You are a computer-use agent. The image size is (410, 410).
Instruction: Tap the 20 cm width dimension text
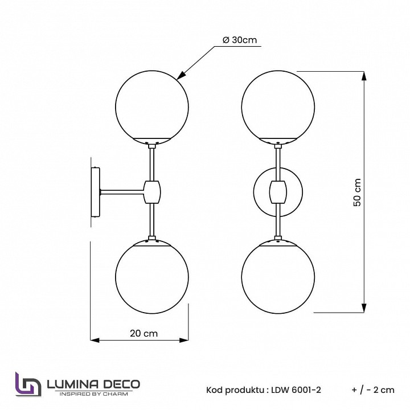[x=143, y=334]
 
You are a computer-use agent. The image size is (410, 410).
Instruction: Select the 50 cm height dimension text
[x=357, y=192]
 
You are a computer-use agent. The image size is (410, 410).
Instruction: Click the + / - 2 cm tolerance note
[x=373, y=390]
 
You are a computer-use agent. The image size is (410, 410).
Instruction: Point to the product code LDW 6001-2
[x=296, y=390]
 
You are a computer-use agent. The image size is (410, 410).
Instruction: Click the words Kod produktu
[x=234, y=390]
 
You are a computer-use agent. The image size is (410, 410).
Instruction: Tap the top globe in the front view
[x=277, y=105]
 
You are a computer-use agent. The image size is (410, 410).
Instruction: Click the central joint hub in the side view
[x=151, y=192]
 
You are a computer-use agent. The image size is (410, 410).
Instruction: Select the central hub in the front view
[x=277, y=192]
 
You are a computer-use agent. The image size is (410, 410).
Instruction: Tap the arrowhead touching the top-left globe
[x=181, y=75]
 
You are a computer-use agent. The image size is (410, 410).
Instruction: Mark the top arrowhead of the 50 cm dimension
[x=362, y=75]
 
